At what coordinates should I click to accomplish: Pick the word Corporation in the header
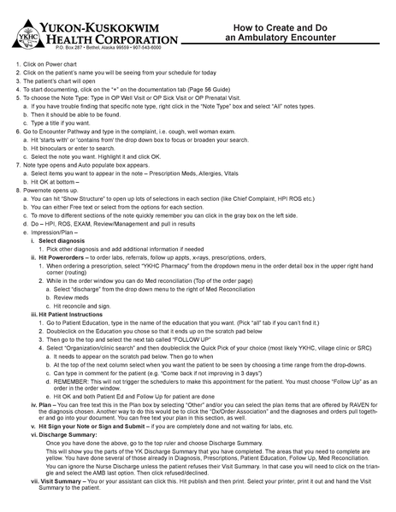[137, 40]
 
